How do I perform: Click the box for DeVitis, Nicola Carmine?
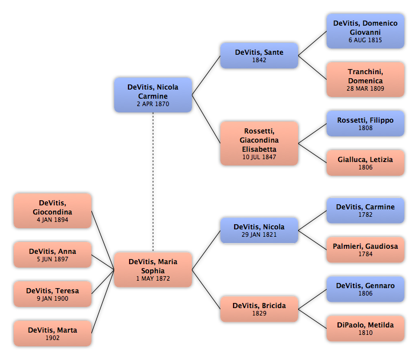pyautogui.click(x=152, y=95)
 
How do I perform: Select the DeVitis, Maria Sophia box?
pyautogui.click(x=152, y=270)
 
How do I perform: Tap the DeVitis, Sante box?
pyautogui.click(x=259, y=55)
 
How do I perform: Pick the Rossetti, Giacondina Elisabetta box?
pyautogui.click(x=259, y=143)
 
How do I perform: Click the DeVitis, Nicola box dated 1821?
pyautogui.click(x=259, y=230)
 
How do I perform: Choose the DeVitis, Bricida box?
pyautogui.click(x=259, y=309)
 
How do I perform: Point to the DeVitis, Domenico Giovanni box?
pyautogui.click(x=365, y=31)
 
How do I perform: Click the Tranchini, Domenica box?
pyautogui.click(x=365, y=79)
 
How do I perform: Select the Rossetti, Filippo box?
pyautogui.click(x=365, y=123)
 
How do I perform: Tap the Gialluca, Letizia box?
pyautogui.click(x=365, y=163)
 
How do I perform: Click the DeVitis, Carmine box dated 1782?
pyautogui.click(x=365, y=210)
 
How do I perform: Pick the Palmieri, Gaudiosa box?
pyautogui.click(x=365, y=249)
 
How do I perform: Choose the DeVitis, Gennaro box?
pyautogui.click(x=365, y=289)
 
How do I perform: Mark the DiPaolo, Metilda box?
pyautogui.click(x=365, y=328)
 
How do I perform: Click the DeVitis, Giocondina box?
pyautogui.click(x=53, y=211)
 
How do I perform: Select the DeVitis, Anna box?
pyautogui.click(x=53, y=254)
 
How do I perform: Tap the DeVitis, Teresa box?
pyautogui.click(x=53, y=294)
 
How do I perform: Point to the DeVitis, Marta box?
pyautogui.click(x=53, y=333)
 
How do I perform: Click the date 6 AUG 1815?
pyautogui.click(x=365, y=41)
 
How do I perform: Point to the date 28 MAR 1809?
pyautogui.click(x=365, y=89)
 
